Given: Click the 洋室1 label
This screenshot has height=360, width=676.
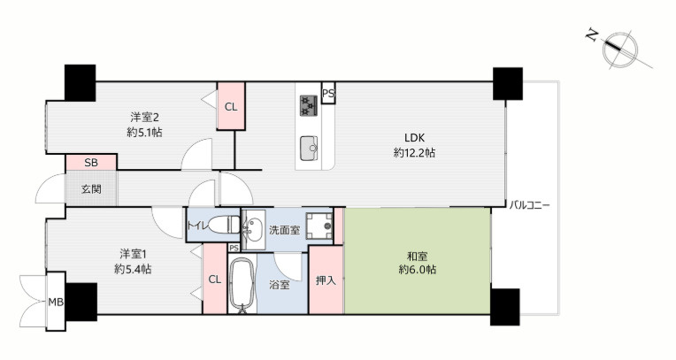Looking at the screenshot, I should [x=133, y=254].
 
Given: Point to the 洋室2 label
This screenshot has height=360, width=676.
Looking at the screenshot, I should [x=143, y=117].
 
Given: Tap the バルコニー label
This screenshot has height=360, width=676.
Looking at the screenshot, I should [x=529, y=205].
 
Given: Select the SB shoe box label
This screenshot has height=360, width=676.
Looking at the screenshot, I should [x=90, y=163].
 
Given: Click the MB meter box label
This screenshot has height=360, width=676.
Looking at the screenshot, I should [x=56, y=303].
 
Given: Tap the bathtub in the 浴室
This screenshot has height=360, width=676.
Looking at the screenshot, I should [x=241, y=285].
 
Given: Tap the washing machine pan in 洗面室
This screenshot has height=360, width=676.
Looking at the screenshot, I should [x=318, y=226].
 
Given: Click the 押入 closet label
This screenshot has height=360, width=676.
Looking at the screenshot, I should [x=326, y=280].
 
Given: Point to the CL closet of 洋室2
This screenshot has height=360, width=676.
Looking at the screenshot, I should [x=231, y=107].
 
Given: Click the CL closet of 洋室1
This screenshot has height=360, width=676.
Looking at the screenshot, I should [x=214, y=280].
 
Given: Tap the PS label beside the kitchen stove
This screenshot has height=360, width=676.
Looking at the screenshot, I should [x=328, y=93].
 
